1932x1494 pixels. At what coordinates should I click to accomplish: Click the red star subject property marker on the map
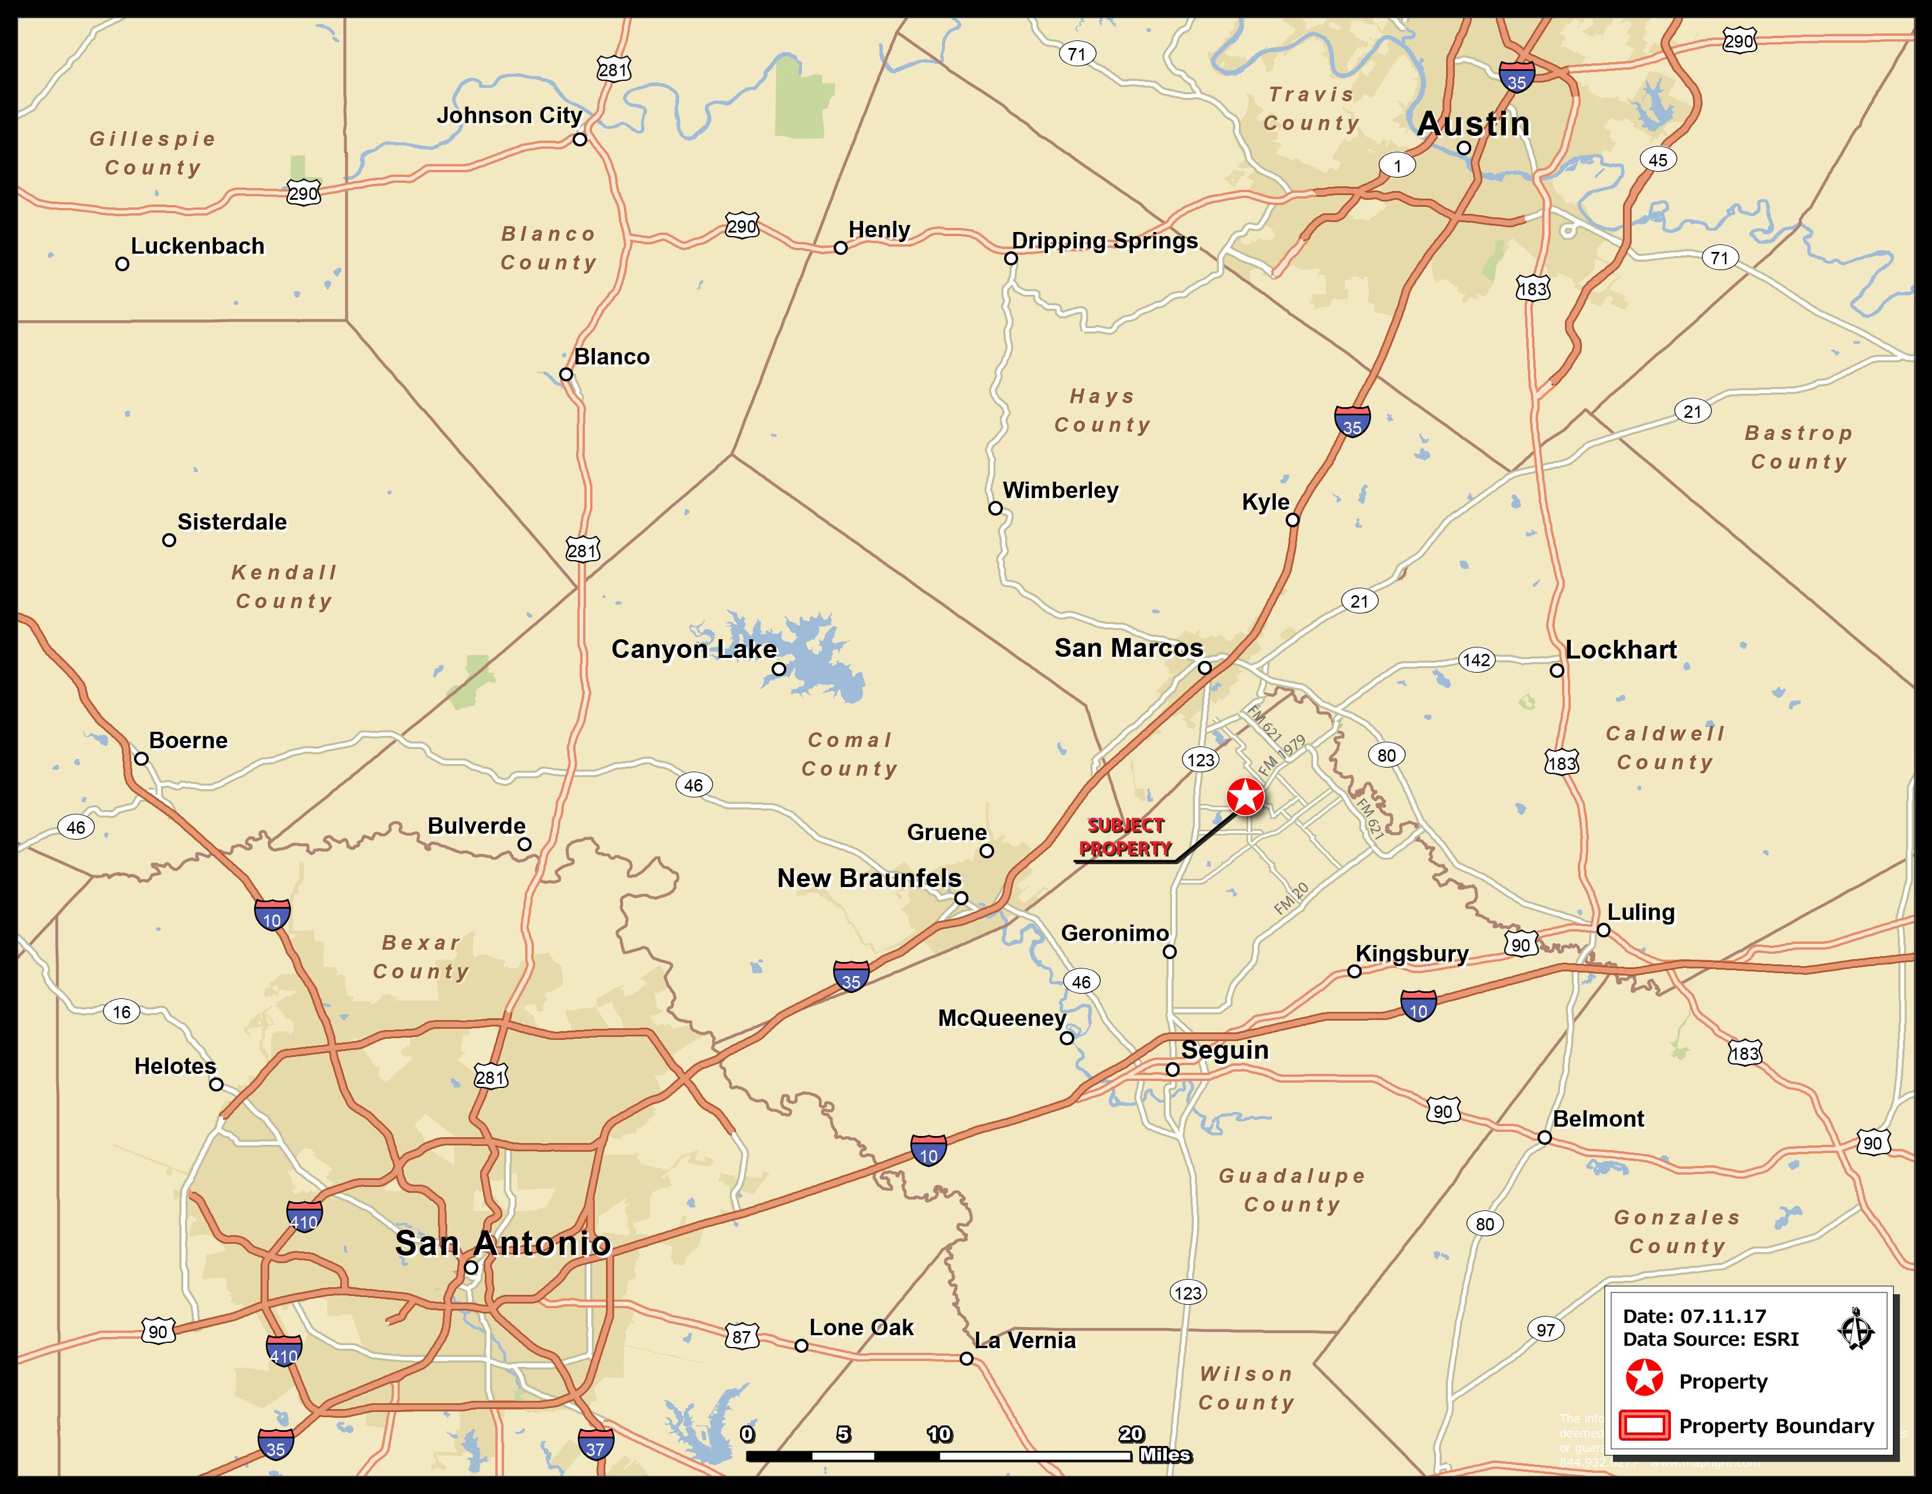pos(1245,797)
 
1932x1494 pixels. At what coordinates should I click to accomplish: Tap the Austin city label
pos(1473,124)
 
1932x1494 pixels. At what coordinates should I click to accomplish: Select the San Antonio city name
pos(502,1243)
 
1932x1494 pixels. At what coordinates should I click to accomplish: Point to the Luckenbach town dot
pos(122,264)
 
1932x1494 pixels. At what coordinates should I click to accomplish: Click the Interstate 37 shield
pos(595,1447)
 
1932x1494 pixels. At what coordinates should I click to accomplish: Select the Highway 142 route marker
pos(1475,659)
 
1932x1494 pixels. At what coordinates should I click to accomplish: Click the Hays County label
pos(1102,411)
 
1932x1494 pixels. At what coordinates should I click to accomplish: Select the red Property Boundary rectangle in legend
pos(1645,1426)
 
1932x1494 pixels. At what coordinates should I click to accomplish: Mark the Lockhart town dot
pos(1557,670)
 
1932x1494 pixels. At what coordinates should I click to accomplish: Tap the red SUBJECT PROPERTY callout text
pos(1125,837)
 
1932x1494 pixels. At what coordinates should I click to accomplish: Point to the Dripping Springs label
pos(1104,241)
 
